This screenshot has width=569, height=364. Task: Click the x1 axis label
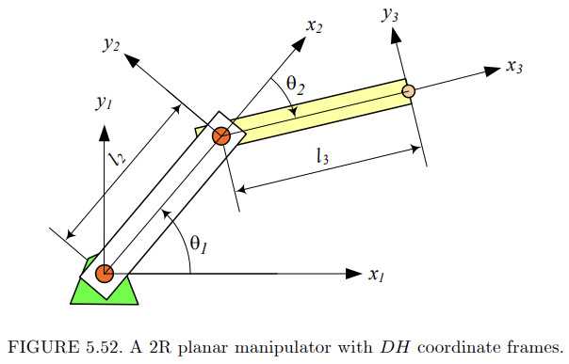click(x=378, y=276)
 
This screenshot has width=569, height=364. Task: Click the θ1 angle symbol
click(x=198, y=244)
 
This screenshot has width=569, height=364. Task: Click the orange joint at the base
click(x=104, y=274)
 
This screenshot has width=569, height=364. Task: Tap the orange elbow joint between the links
click(x=220, y=136)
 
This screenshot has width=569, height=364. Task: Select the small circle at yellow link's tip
click(x=409, y=91)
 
